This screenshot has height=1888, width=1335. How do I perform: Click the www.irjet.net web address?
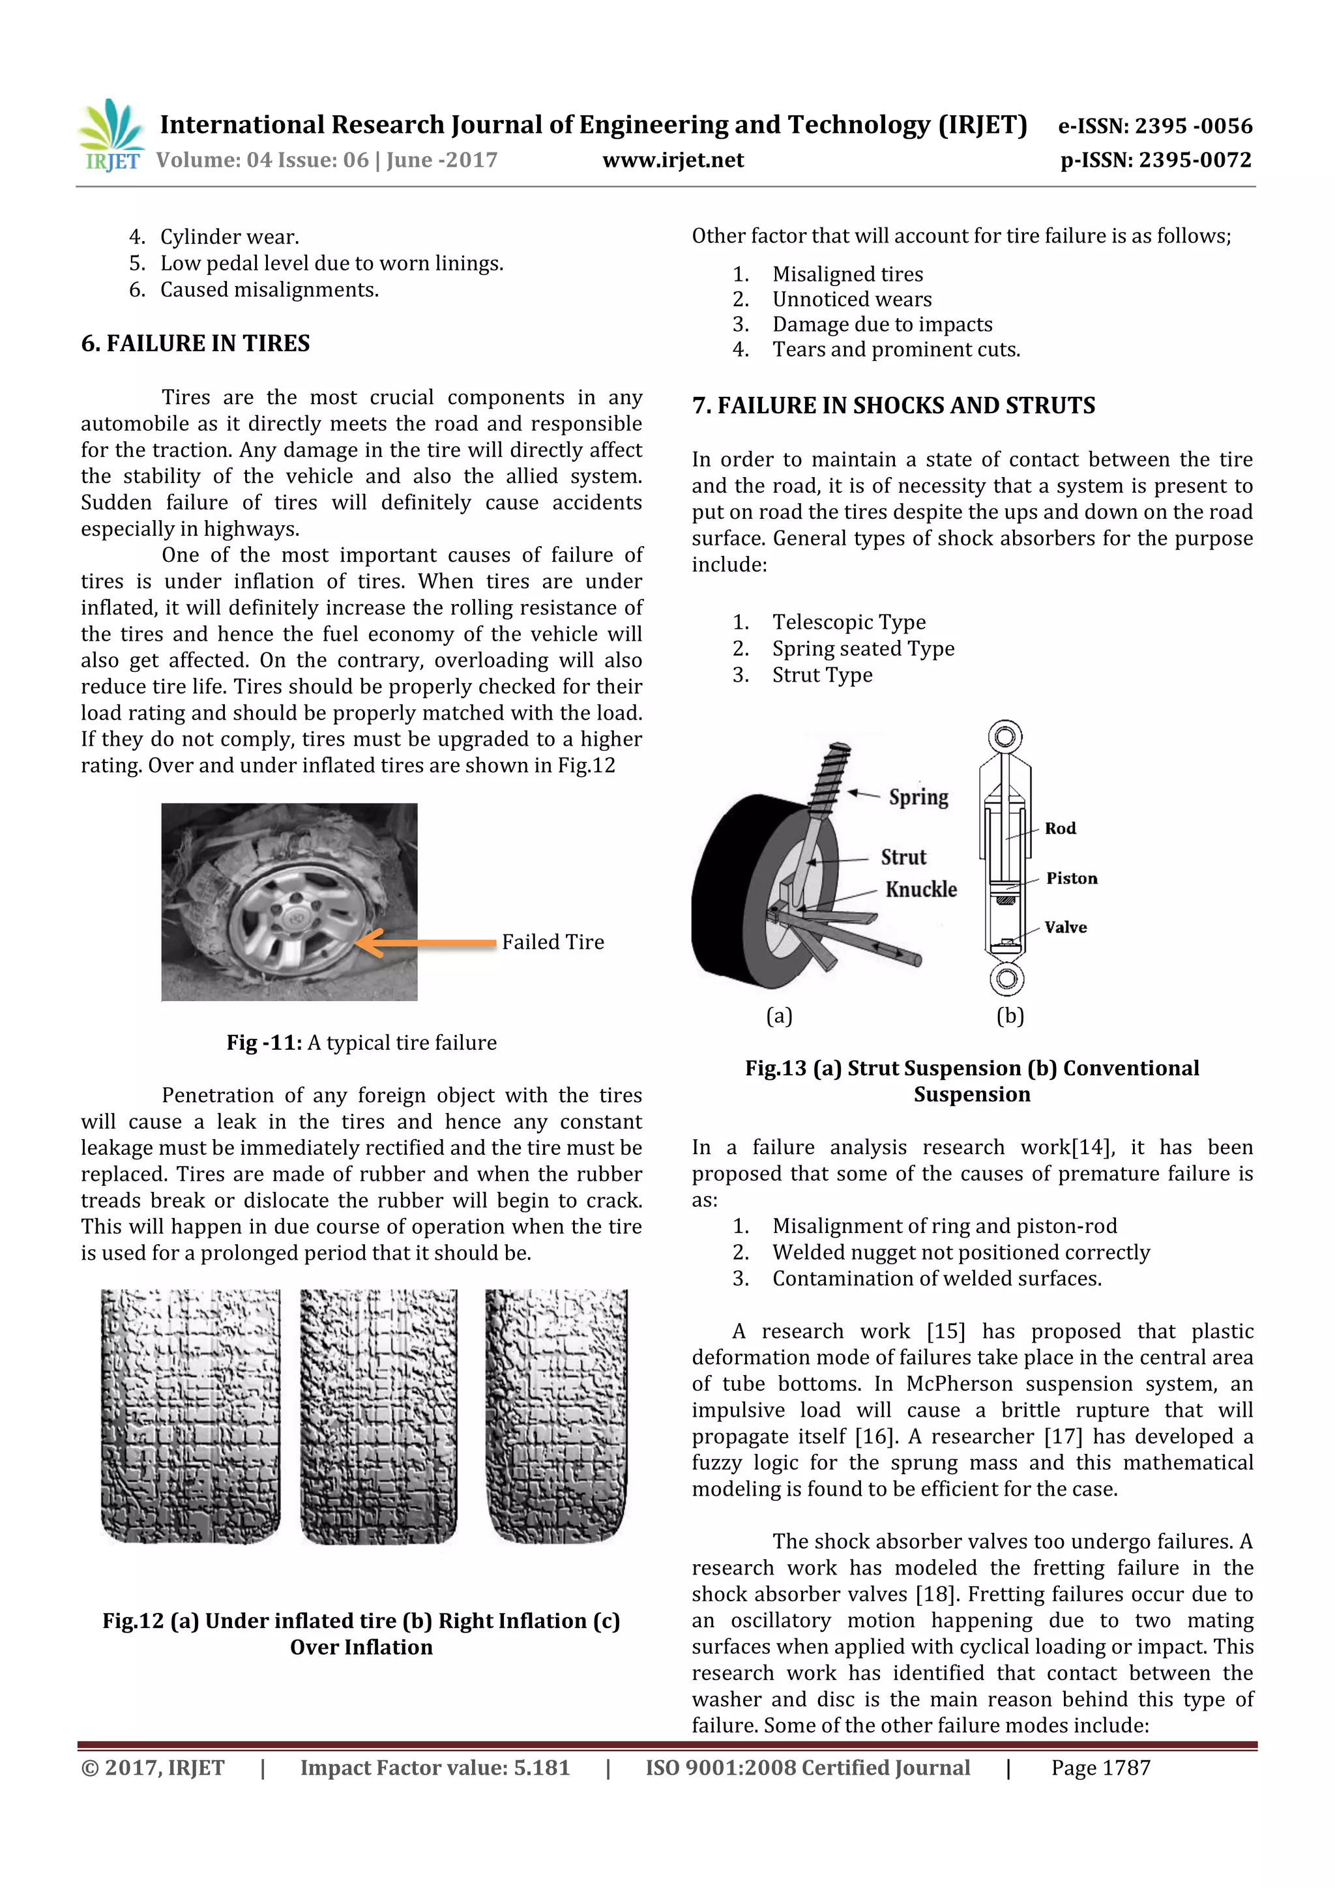coord(673,160)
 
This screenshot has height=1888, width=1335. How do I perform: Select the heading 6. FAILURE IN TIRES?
coord(195,343)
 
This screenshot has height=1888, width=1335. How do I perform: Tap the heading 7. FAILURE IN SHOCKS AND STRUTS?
coord(893,405)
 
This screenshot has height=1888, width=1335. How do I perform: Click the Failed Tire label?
coord(553,942)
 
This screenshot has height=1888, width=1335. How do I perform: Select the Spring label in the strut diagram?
coord(918,797)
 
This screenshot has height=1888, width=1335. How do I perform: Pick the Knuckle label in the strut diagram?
coord(920,890)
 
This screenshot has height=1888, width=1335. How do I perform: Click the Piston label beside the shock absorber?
coord(1071,879)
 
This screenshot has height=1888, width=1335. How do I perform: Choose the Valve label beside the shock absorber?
coord(1065,927)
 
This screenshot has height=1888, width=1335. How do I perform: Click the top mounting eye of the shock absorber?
coord(1005,736)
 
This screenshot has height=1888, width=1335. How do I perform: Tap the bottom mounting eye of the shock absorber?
coord(1006,978)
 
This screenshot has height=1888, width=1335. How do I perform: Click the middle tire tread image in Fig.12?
coord(378,1416)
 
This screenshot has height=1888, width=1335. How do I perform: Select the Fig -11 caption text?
coord(361,1043)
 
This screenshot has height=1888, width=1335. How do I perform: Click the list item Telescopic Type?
coord(848,622)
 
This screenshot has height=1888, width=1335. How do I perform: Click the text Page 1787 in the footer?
coord(1100,1768)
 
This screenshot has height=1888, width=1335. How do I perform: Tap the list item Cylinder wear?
coord(229,237)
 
